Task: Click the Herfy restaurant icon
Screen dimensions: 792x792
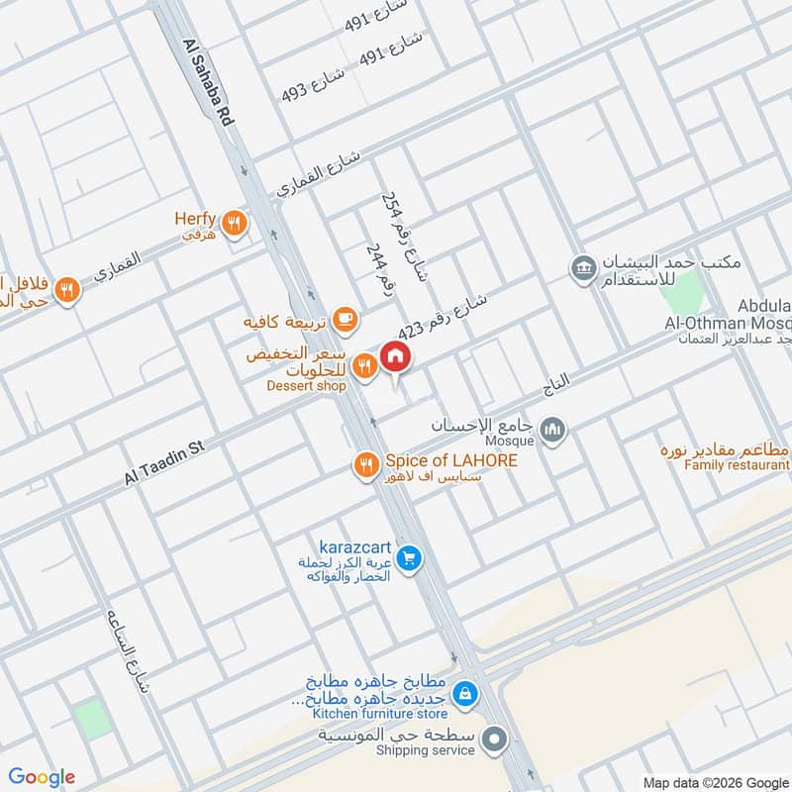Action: (x=234, y=223)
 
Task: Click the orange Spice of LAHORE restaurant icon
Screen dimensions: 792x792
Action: (x=366, y=462)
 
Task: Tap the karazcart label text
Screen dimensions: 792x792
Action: (x=356, y=547)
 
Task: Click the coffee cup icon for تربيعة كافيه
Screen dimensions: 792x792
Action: (x=344, y=317)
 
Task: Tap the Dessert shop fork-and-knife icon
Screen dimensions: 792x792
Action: (x=364, y=366)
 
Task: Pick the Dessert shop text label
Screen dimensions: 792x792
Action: (x=306, y=385)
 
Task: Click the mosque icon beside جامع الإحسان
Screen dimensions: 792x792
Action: (x=552, y=430)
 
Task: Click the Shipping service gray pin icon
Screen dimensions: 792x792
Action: (x=500, y=738)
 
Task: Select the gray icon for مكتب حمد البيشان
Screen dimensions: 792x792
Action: (x=581, y=267)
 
